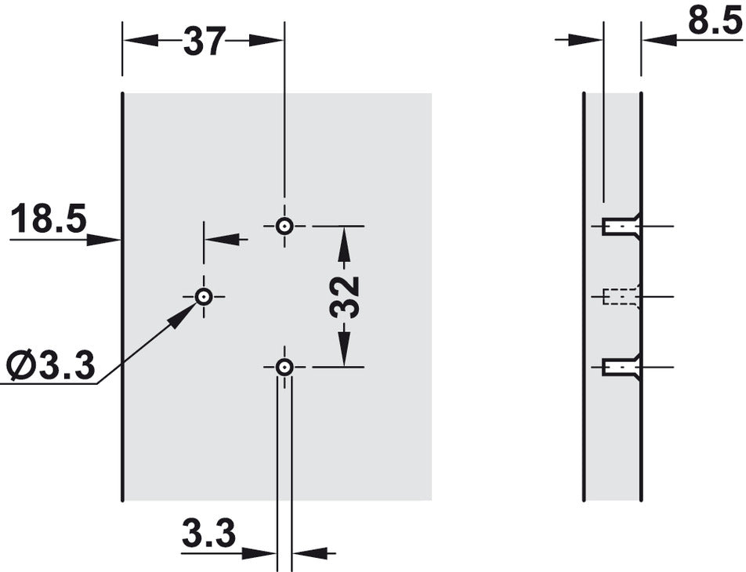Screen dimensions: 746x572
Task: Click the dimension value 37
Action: point(204,42)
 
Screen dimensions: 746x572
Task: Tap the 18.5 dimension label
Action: point(49,218)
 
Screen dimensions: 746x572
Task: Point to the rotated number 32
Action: point(344,296)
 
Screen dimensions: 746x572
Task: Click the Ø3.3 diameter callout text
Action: point(51,365)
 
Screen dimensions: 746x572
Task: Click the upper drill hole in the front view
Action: point(284,226)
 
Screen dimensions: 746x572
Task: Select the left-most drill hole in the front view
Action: point(204,297)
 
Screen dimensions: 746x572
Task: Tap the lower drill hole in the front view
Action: point(284,367)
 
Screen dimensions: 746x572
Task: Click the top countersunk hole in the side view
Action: point(621,226)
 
